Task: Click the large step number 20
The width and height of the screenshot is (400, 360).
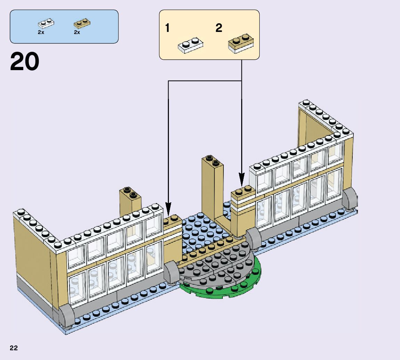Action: (25, 62)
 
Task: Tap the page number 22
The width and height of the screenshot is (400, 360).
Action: (14, 348)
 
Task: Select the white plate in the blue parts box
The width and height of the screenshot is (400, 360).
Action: (46, 24)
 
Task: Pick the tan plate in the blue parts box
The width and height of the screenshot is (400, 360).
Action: (82, 23)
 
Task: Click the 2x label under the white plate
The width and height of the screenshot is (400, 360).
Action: (41, 32)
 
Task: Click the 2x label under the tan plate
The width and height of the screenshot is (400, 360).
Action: (77, 32)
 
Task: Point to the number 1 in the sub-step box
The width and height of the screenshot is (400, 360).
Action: (168, 28)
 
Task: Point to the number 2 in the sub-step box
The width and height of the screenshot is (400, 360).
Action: (219, 28)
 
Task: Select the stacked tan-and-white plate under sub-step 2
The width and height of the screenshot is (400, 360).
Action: (241, 44)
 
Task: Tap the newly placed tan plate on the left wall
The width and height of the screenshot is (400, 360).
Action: (173, 222)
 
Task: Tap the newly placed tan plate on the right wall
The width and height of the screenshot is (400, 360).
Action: (243, 193)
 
